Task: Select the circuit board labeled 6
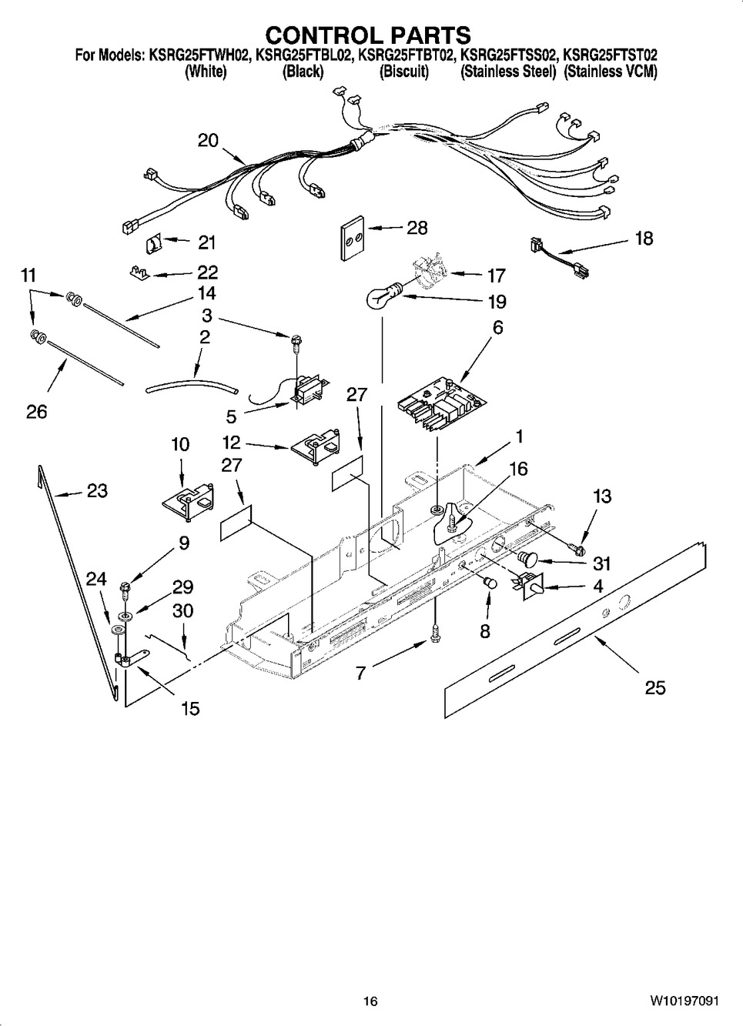[x=442, y=404]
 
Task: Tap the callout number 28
[x=417, y=228]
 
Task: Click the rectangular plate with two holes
[x=353, y=238]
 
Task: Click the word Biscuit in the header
[x=404, y=72]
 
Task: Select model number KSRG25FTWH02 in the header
[x=199, y=55]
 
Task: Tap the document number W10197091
[x=684, y=999]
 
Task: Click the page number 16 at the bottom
[x=370, y=999]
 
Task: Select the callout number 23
[x=97, y=490]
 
